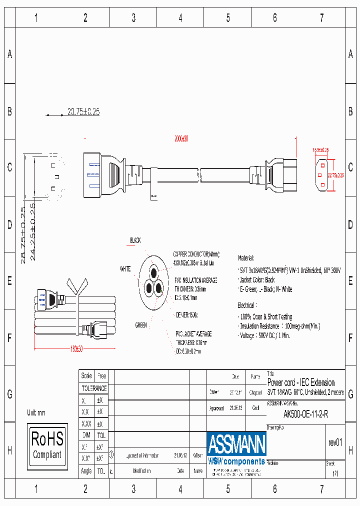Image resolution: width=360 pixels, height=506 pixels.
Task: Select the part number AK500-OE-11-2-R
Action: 305,414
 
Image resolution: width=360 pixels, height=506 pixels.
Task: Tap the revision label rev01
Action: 335,442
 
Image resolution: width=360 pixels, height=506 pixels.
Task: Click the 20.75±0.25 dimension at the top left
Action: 83,112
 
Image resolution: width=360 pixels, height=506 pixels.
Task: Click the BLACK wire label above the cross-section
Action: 135,240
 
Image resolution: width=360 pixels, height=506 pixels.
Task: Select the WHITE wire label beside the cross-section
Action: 125,269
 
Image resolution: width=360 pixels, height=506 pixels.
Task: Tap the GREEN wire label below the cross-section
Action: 141,325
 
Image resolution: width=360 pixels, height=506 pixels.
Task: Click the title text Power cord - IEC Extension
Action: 301,383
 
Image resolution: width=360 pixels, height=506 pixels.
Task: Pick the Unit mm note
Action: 36,413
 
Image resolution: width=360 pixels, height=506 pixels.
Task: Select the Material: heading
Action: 246,258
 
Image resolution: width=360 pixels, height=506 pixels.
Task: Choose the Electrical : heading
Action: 247,304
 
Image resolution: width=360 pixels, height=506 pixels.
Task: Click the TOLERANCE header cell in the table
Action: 94,388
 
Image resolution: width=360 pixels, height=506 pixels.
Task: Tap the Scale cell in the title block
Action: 86,376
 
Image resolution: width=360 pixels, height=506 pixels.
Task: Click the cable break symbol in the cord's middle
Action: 199,175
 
